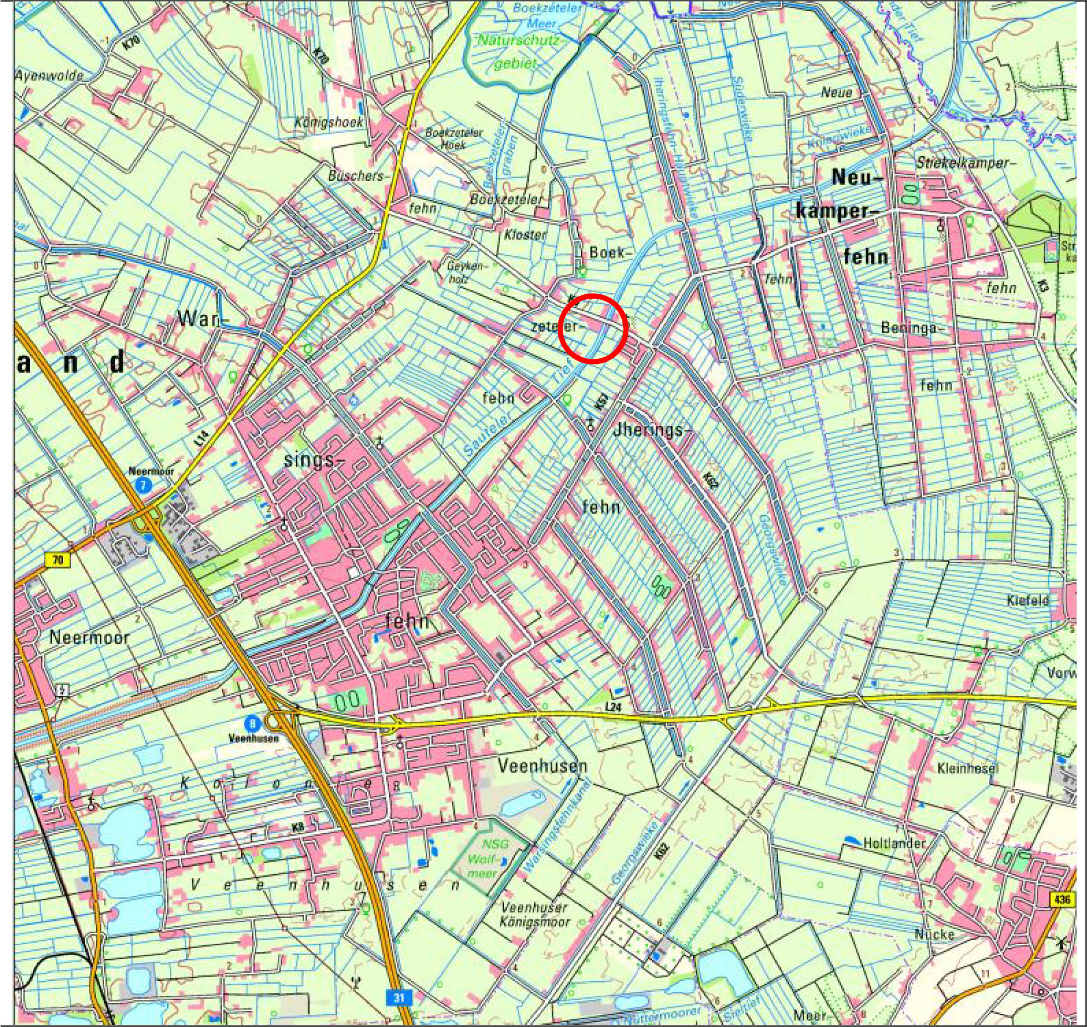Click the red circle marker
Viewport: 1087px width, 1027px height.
click(x=593, y=328)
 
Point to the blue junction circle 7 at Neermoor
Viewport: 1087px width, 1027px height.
click(x=144, y=484)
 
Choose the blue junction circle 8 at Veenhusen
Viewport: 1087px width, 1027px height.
click(x=252, y=724)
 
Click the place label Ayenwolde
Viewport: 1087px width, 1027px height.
click(x=49, y=76)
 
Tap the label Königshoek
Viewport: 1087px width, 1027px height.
click(x=329, y=122)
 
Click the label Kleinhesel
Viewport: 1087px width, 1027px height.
click(x=968, y=768)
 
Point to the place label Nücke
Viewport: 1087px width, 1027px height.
click(x=935, y=933)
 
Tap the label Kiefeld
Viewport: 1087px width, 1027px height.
click(x=1027, y=600)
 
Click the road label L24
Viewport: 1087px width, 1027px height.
click(x=614, y=707)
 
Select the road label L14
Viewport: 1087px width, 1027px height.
click(x=203, y=437)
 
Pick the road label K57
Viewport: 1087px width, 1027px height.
click(x=602, y=403)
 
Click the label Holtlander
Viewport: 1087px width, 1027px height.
click(x=894, y=843)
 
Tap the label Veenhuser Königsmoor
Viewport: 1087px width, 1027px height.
click(x=534, y=915)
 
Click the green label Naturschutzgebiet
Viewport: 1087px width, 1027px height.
click(x=518, y=52)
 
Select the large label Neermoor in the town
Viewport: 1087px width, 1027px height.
click(x=89, y=637)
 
